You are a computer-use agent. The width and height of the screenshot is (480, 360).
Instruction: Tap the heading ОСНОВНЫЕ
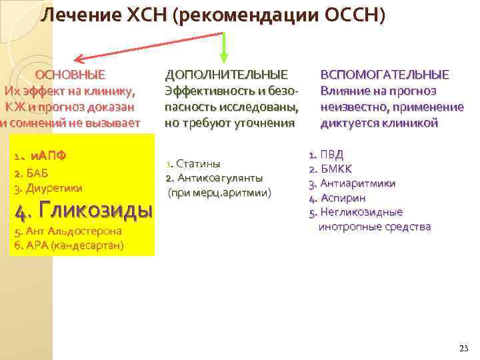[x=70, y=75]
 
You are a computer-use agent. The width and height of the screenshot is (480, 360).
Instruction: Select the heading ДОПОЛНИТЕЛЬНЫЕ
[x=227, y=75]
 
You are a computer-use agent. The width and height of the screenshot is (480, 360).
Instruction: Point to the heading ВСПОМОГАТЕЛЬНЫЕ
[x=385, y=75]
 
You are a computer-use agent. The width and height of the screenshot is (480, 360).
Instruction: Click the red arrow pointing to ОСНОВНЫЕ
[x=133, y=50]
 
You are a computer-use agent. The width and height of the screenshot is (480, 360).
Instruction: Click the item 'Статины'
[x=198, y=164]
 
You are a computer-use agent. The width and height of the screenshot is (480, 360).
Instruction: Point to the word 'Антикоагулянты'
[x=219, y=179]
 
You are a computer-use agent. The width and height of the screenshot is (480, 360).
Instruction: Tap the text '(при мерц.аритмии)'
[x=219, y=193]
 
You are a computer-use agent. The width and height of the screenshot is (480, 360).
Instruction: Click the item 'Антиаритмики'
[x=357, y=183]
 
